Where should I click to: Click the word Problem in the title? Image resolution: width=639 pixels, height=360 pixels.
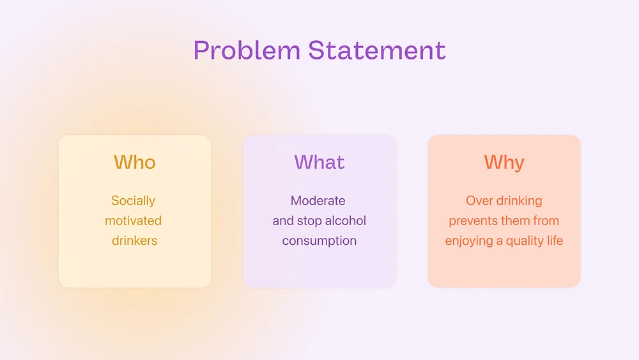coord(247,51)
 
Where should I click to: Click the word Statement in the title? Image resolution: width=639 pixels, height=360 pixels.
coord(376,51)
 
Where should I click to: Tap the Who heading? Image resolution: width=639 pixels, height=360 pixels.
coord(134,162)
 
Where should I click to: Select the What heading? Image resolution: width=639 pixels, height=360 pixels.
coord(319,162)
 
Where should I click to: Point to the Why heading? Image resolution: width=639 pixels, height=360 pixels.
coord(504,162)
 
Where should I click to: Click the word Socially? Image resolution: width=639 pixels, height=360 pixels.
coord(134,201)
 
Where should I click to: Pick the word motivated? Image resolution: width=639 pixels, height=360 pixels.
coord(134,221)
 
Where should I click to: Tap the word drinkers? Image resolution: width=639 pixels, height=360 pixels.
coord(134,240)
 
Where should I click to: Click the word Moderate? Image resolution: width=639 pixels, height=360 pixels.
coord(318,201)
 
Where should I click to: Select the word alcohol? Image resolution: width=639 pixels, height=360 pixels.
coord(344,221)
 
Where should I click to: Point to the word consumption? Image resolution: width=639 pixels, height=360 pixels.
coord(319,241)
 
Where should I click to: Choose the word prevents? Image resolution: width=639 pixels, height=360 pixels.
coord(473,221)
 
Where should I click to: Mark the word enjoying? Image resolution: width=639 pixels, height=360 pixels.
coord(468,241)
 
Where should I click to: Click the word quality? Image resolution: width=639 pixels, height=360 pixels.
coord(525,241)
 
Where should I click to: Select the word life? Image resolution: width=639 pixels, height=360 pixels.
coord(555,240)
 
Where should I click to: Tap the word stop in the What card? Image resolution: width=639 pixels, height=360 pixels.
coord(309,221)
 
